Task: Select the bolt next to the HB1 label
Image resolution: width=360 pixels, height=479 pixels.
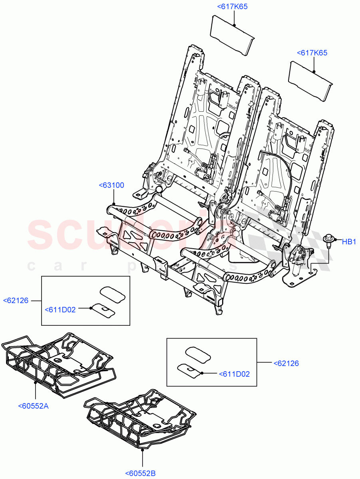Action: [328, 241]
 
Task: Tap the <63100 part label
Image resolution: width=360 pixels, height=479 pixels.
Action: [111, 185]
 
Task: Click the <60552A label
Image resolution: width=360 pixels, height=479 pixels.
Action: [33, 406]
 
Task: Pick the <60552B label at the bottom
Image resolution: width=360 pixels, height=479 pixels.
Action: [140, 473]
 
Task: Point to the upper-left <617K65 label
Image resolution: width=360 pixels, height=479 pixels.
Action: [232, 6]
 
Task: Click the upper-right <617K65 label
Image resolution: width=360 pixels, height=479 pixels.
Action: [312, 53]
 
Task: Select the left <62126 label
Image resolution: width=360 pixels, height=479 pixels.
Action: [16, 300]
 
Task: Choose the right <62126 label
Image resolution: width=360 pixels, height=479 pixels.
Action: [286, 363]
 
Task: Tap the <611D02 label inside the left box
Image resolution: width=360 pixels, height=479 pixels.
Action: [60, 309]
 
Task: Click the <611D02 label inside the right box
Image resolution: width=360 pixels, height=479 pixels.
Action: [234, 374]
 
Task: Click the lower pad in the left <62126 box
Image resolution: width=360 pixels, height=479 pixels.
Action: [103, 310]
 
